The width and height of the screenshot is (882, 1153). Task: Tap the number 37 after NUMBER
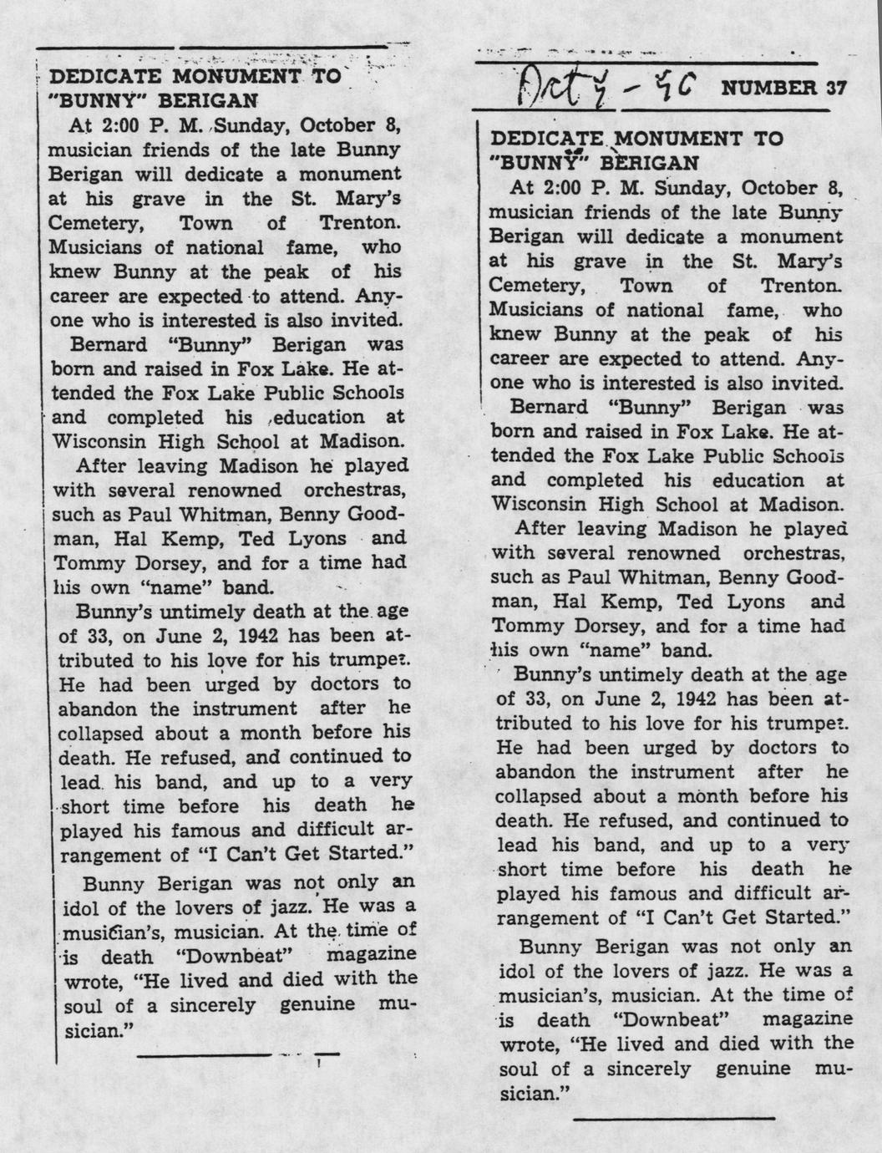829,88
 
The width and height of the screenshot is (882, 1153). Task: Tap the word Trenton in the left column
360,223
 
